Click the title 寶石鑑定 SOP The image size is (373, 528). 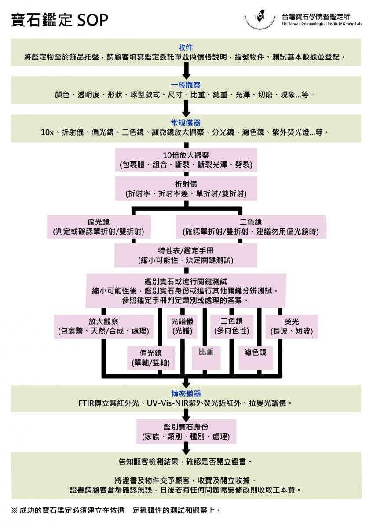coord(59,19)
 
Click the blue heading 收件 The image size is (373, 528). coord(186,48)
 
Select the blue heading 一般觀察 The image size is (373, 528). coord(186,85)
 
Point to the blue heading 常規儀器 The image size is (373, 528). coord(186,123)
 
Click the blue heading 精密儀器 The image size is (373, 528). coord(186,393)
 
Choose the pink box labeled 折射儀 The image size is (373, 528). coord(186,189)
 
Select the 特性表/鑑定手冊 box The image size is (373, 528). coord(186,255)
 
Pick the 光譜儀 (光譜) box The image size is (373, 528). coord(182,326)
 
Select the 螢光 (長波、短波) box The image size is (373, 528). coord(292,326)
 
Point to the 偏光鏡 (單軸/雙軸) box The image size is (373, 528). coord(151,358)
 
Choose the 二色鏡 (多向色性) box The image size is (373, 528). coord(231,326)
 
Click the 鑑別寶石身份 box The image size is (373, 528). coord(186,432)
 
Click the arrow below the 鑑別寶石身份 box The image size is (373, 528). coord(186,448)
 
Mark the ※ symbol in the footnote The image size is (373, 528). coord(15,510)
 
